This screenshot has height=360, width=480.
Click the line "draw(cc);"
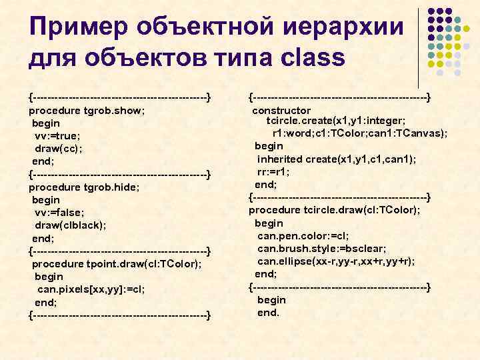(x=59, y=149)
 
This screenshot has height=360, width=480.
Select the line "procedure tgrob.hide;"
(x=85, y=187)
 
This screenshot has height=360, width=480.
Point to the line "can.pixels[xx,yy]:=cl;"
(x=91, y=289)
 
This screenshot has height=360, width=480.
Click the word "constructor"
(x=281, y=110)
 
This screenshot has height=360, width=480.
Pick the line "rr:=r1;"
(x=273, y=171)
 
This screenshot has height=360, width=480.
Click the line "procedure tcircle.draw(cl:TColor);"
(x=335, y=210)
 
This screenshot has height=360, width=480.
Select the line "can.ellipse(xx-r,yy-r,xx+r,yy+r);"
(x=336, y=261)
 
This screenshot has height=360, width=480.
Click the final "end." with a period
(x=269, y=312)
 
